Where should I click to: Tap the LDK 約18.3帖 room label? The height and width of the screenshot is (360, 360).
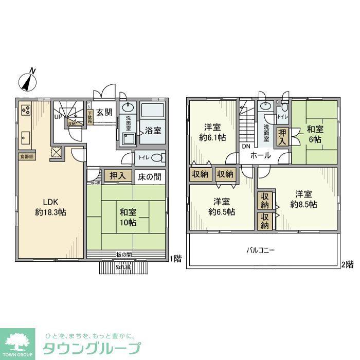click(x=50, y=206)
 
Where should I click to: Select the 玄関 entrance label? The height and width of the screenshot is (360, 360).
click(x=105, y=112)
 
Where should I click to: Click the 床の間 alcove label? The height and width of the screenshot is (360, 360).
click(x=149, y=177)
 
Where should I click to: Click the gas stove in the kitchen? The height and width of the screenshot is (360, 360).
click(x=26, y=110)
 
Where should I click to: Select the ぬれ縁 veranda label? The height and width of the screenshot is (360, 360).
click(x=123, y=266)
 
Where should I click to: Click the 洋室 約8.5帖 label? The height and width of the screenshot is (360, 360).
click(x=303, y=199)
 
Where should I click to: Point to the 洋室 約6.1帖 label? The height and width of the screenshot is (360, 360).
click(x=213, y=132)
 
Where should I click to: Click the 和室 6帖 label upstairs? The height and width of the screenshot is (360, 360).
click(x=315, y=134)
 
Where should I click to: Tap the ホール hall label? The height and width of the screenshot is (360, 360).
click(x=261, y=154)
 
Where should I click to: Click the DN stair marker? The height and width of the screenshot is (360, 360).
click(x=245, y=146)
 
